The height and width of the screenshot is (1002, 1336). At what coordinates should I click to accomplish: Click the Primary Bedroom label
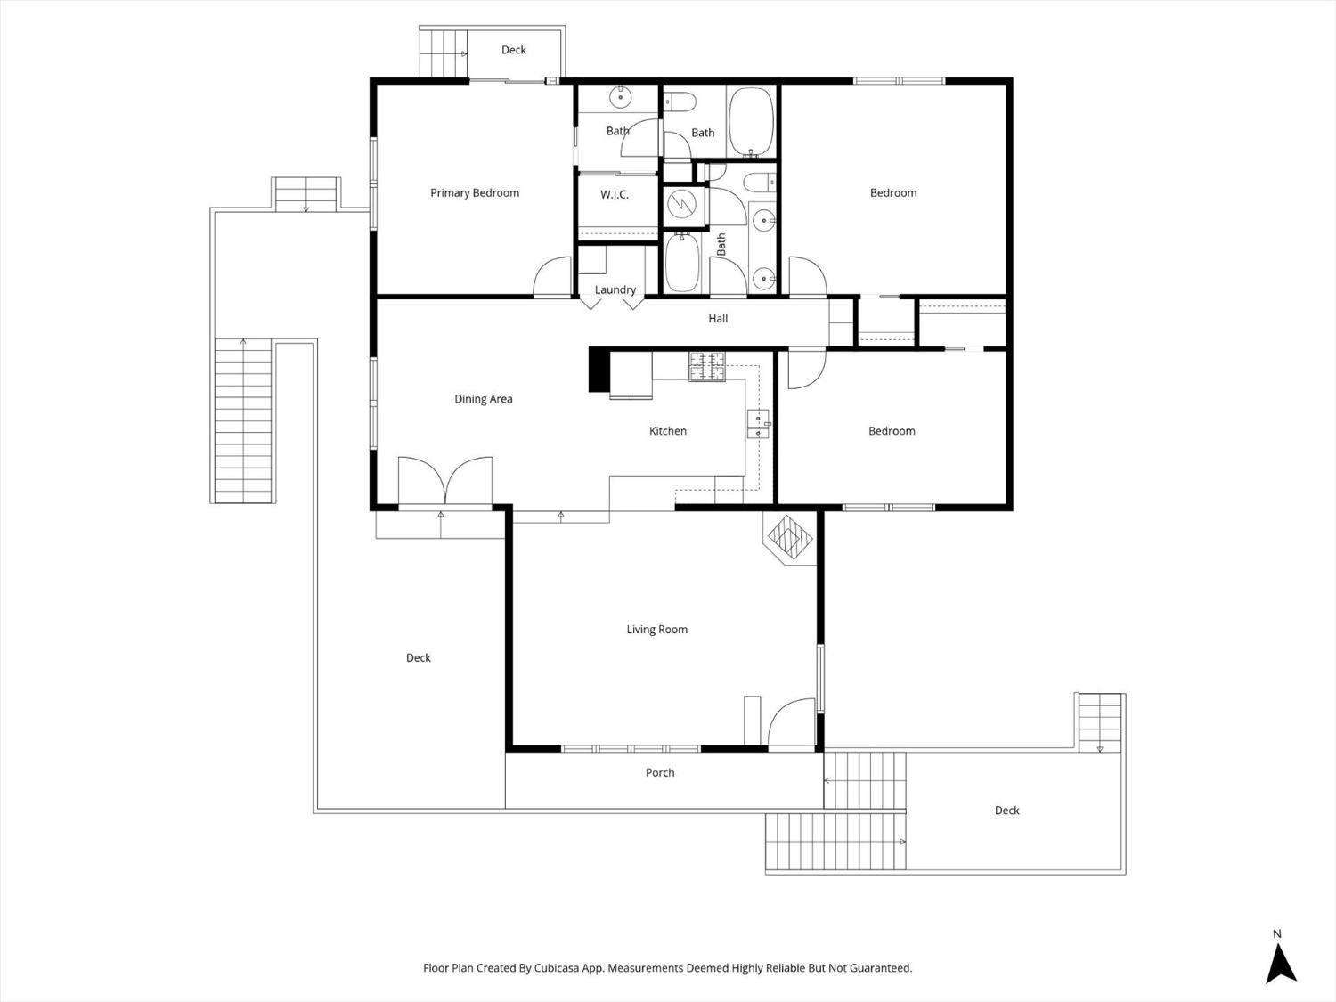474,193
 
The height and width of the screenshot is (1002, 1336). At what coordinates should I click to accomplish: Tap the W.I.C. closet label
614,194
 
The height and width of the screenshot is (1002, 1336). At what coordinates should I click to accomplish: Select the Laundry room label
615,289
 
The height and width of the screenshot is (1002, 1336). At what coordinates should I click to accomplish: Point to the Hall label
718,318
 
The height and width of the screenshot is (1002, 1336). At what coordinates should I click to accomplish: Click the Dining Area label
483,399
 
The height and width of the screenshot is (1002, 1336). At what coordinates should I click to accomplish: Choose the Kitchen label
667,431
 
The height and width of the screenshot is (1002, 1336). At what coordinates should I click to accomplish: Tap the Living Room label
656,630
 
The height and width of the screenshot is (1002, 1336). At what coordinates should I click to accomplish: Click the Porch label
660,773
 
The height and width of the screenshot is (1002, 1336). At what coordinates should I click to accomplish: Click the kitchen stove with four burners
707,367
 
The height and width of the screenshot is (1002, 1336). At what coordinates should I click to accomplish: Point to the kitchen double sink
758,424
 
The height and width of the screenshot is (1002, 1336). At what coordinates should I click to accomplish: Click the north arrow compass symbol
1280,963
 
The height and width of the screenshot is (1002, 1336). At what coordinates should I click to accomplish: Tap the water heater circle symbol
684,205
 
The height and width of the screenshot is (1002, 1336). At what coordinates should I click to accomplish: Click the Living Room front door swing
792,722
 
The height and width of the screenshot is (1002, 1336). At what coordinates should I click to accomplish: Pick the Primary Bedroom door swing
553,277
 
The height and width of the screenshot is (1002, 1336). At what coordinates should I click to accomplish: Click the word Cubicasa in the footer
558,968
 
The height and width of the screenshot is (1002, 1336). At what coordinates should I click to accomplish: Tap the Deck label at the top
513,50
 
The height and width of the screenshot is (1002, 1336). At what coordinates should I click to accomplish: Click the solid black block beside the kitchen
599,370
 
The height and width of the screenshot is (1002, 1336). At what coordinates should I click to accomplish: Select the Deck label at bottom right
1006,811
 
